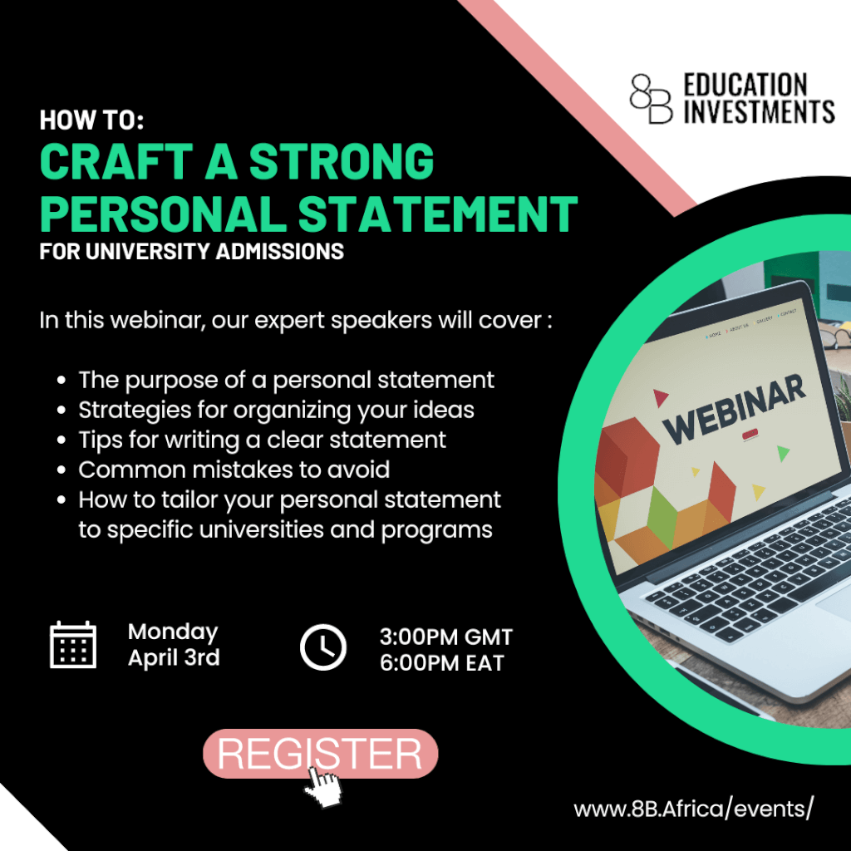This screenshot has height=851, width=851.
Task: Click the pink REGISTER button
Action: point(320,753)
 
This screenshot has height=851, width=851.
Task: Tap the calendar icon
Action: point(73,644)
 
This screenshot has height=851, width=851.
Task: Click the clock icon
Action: point(323,647)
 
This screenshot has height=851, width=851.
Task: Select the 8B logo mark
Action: point(652,98)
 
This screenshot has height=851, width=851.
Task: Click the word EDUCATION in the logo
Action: point(745,86)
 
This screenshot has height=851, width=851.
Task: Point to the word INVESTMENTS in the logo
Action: point(759,111)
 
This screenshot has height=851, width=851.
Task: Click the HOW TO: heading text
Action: point(91,120)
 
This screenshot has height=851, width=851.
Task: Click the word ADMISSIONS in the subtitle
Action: point(279,251)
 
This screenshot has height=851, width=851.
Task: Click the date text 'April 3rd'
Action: point(174,658)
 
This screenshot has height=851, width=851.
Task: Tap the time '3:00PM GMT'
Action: point(446,637)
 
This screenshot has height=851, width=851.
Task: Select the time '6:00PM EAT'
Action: point(442,663)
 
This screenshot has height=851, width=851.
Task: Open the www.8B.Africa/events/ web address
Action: point(694,809)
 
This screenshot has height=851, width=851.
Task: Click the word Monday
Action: point(173,632)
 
